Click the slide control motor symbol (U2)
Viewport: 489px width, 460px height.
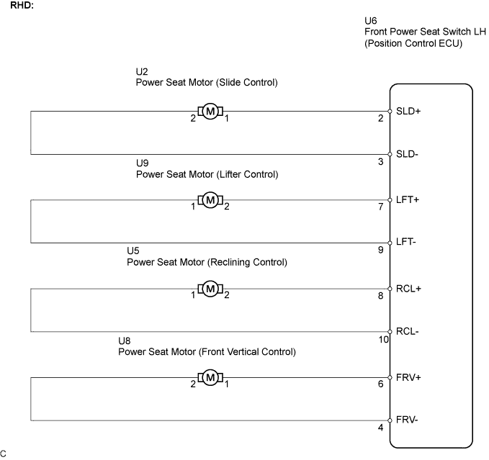(210, 112)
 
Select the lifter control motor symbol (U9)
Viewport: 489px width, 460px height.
(210, 200)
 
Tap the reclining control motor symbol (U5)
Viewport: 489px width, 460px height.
(210, 289)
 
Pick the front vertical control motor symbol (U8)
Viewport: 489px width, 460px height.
(210, 377)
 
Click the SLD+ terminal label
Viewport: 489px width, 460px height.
(408, 111)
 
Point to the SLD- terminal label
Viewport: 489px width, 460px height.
(407, 154)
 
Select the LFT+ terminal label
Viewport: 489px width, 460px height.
(408, 199)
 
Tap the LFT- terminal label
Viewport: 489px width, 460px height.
(406, 242)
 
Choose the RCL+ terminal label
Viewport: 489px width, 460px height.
(408, 289)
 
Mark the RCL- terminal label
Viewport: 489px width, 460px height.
(408, 331)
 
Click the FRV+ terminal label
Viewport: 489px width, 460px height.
(408, 377)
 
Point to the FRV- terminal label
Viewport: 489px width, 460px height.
(407, 420)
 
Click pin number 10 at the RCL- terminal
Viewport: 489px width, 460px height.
(384, 339)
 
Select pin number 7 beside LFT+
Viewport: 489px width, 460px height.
(381, 207)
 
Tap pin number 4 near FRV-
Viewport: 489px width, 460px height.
(381, 428)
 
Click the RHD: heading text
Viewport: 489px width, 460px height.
(22, 5)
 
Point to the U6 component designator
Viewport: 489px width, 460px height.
(370, 21)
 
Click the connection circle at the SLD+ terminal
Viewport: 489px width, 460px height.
(390, 112)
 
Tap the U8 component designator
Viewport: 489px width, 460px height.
(124, 341)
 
